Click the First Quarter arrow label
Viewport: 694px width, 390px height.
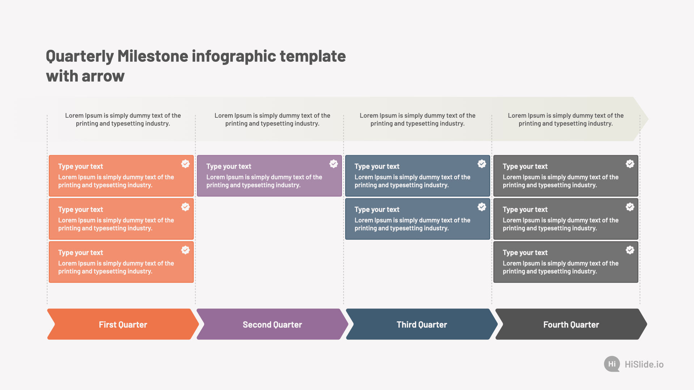tap(123, 325)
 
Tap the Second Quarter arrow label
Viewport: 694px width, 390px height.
tap(272, 325)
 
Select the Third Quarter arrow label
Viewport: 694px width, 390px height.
tap(422, 325)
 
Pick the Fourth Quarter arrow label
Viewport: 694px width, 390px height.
tap(571, 325)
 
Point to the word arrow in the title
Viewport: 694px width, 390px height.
tap(103, 77)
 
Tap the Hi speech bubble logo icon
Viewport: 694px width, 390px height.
tap(612, 364)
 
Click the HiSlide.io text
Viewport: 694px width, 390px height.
tap(644, 364)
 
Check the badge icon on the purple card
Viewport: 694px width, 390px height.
tap(334, 164)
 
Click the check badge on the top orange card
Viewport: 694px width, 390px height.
tap(185, 164)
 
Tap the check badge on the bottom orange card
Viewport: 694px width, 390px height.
tap(185, 250)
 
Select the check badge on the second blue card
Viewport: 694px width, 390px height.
tap(482, 207)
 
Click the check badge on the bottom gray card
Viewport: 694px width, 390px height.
tap(630, 250)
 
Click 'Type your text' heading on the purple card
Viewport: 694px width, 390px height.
tap(228, 166)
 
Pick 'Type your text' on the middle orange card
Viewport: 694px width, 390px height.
tap(80, 209)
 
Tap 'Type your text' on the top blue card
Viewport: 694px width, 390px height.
tap(377, 166)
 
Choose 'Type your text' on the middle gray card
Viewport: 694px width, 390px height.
tap(525, 209)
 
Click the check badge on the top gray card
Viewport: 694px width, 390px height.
tap(630, 164)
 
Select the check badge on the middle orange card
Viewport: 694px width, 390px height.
tap(185, 207)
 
